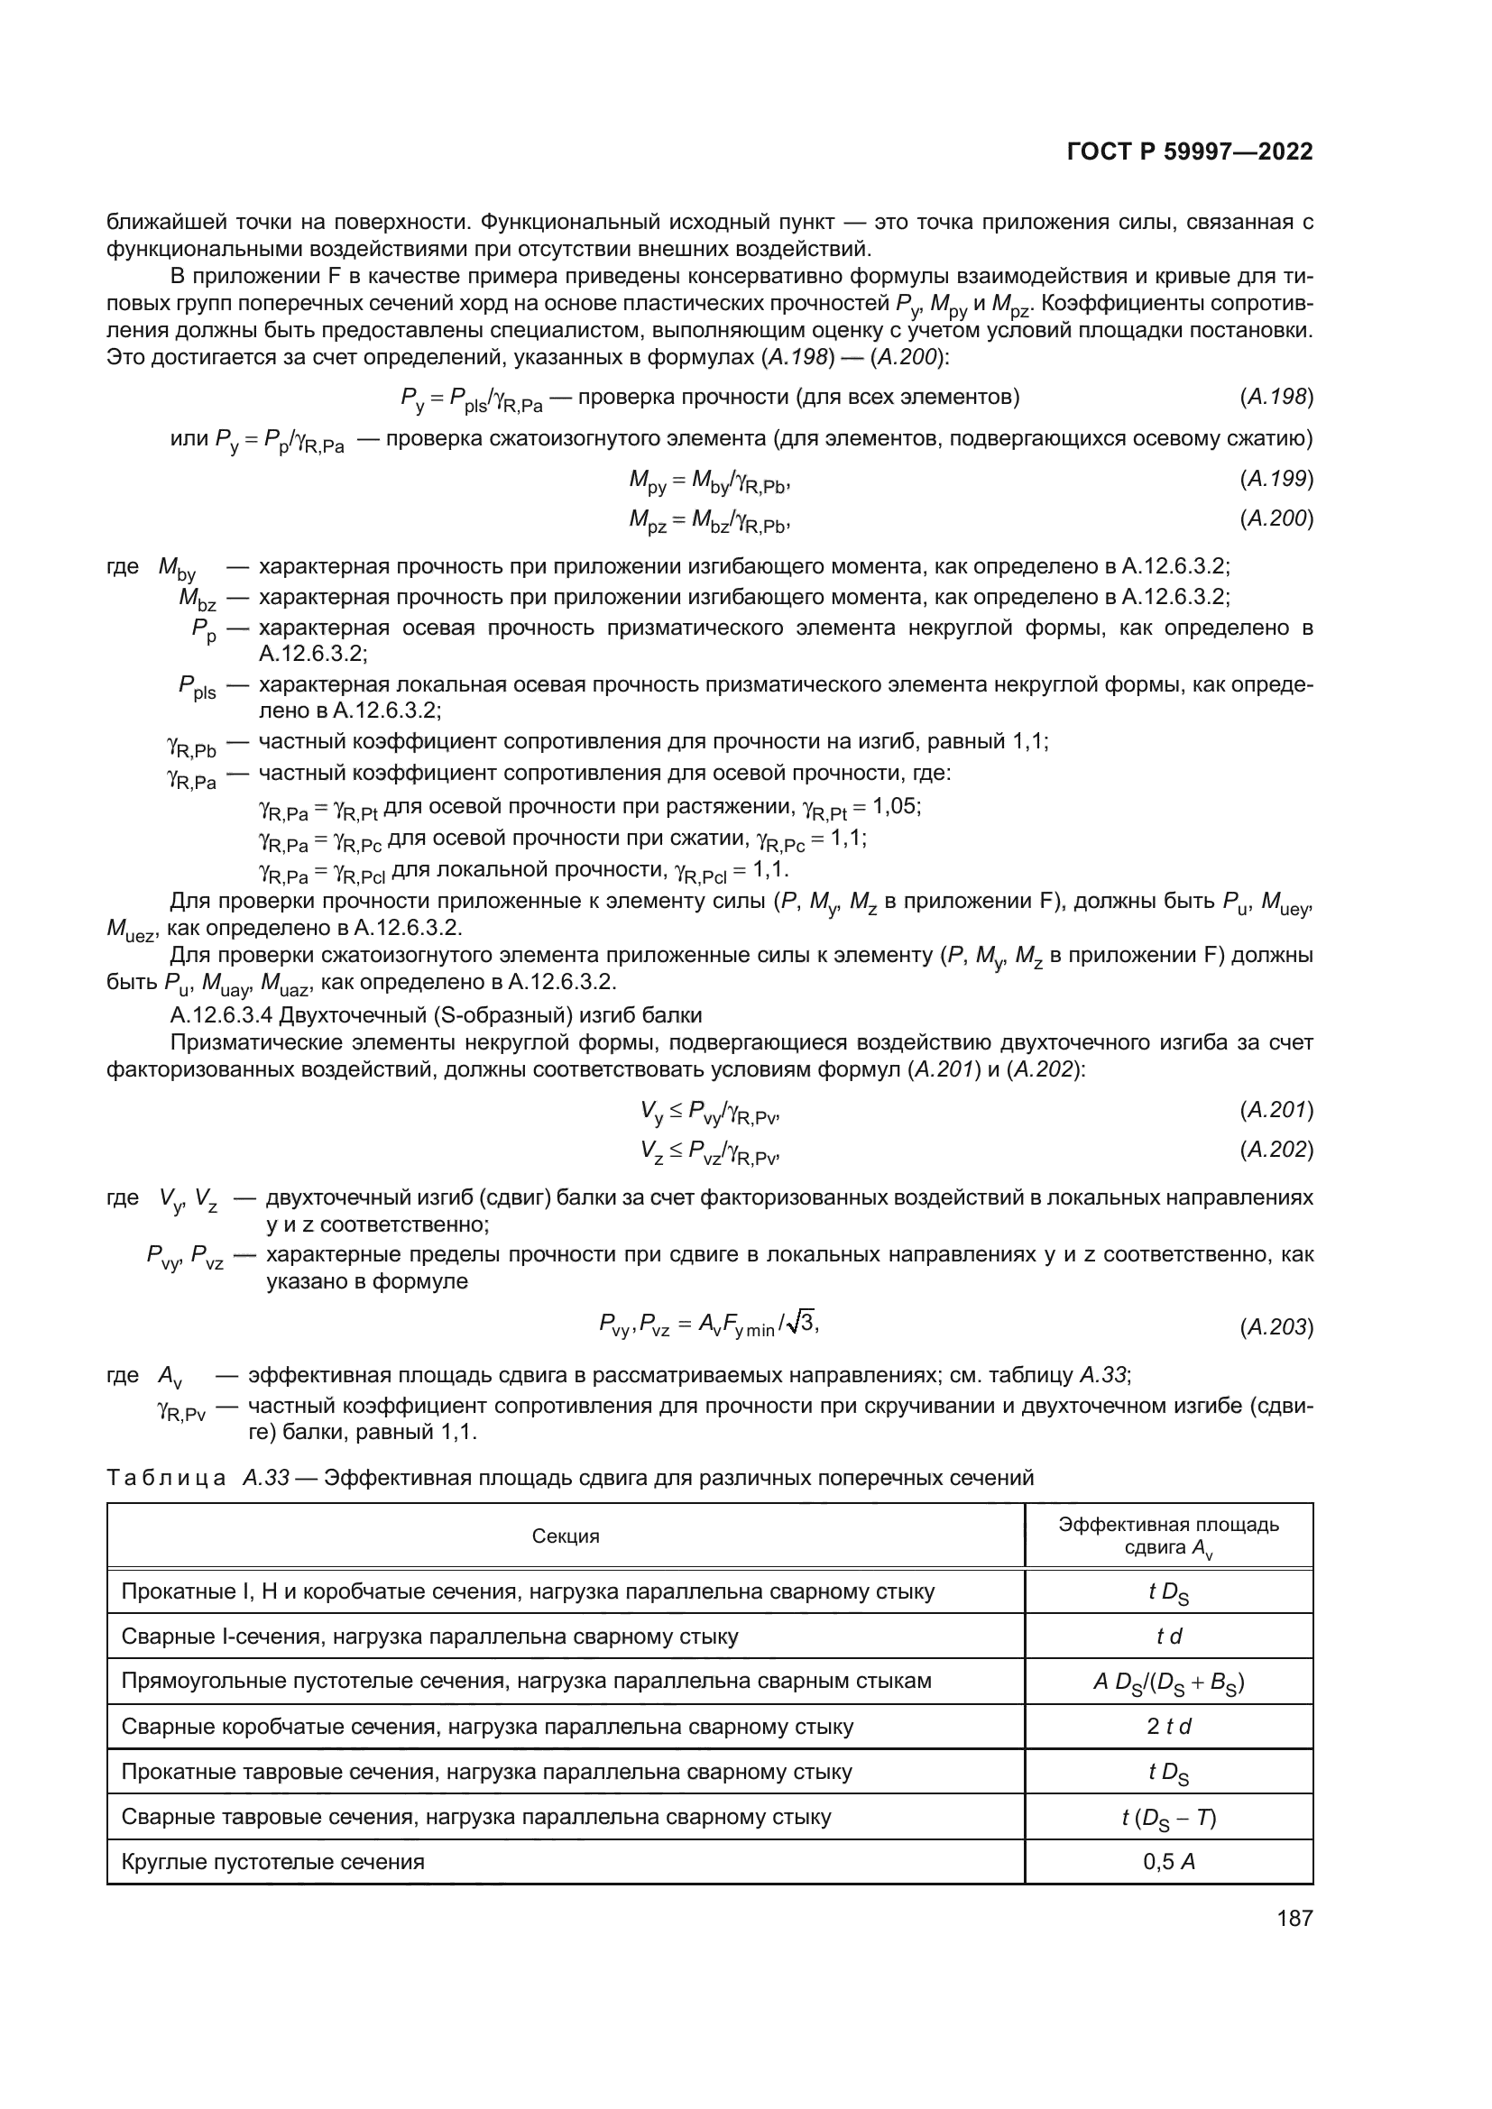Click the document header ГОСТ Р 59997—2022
1189,151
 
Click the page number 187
1294,1919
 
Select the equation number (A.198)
1276,397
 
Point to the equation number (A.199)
1276,479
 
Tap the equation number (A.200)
1276,519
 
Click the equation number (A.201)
1276,1111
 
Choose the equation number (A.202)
1276,1150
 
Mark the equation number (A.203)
1276,1327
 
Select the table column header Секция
565,1536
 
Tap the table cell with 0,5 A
1168,1862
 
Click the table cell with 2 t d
1168,1727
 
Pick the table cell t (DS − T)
1168,1817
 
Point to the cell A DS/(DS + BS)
1168,1682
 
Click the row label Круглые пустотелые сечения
272,1862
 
